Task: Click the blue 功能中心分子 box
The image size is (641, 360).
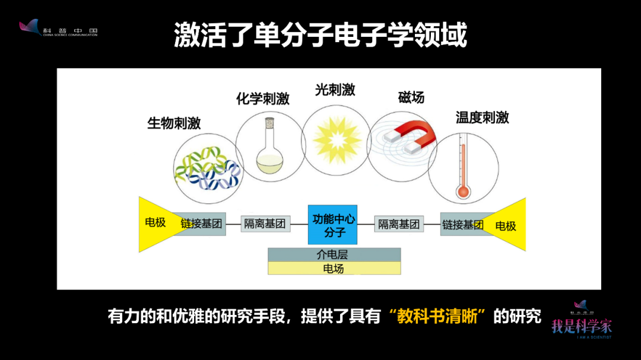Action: [x=332, y=224]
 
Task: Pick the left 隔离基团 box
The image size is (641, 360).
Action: [x=265, y=224]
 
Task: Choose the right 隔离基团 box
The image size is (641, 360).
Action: [x=399, y=224]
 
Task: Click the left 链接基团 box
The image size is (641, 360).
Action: [x=202, y=224]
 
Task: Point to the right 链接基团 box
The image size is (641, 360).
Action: [x=462, y=225]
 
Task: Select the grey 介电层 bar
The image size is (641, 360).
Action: [x=334, y=254]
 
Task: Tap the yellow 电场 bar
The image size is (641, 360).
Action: [x=334, y=269]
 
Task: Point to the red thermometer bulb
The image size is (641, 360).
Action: [x=463, y=191]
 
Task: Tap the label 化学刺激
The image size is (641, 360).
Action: [x=262, y=99]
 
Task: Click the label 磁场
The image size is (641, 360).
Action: [x=411, y=97]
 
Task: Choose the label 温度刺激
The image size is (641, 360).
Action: [x=482, y=117]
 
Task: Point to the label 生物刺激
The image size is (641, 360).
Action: [x=174, y=123]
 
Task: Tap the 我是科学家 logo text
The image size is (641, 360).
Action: [x=582, y=326]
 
